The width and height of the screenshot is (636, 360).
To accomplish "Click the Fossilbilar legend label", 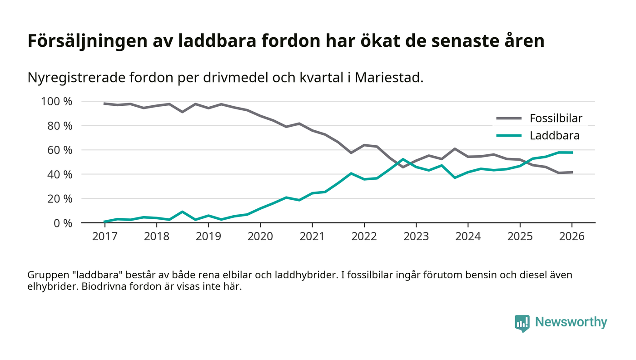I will pyautogui.click(x=556, y=119).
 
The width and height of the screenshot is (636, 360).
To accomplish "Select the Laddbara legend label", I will pyautogui.click(x=554, y=135).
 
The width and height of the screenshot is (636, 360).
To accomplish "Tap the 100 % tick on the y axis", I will pyautogui.click(x=57, y=101).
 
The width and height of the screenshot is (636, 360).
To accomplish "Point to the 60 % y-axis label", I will pyautogui.click(x=59, y=150).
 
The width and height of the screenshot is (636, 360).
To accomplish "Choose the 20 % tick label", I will pyautogui.click(x=59, y=199).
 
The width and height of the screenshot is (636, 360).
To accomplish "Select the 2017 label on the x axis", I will pyautogui.click(x=104, y=237).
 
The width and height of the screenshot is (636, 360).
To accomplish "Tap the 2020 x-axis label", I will pyautogui.click(x=260, y=237).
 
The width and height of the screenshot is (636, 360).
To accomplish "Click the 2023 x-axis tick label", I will pyautogui.click(x=416, y=237).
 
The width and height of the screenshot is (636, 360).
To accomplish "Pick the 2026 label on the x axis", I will pyautogui.click(x=572, y=237).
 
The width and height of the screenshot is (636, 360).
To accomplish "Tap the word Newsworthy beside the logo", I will pyautogui.click(x=571, y=322).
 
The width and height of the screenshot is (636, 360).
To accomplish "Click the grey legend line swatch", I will pyautogui.click(x=508, y=119).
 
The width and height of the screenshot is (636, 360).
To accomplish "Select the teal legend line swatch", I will pyautogui.click(x=508, y=135).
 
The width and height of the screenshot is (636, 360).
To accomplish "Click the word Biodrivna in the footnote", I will pyautogui.click(x=102, y=287).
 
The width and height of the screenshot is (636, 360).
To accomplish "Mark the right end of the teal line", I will pyautogui.click(x=572, y=153).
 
